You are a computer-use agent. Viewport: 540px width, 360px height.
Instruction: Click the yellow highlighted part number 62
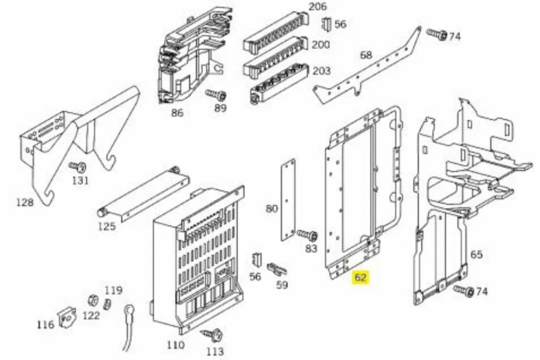coord(360,277)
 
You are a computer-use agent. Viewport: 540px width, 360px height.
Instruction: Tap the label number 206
coord(318,6)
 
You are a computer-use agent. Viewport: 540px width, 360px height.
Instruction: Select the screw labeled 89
coord(216,94)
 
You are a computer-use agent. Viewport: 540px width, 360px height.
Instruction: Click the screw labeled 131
coord(78,167)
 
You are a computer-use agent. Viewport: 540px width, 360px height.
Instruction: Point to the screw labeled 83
coord(308,235)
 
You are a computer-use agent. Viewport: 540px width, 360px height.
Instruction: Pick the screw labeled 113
coord(212,335)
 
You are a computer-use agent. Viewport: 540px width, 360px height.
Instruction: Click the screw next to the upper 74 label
coord(437,34)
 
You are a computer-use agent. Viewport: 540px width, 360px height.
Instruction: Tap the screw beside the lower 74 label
coord(464,291)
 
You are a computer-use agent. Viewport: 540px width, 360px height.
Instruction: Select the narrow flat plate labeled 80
coord(288,200)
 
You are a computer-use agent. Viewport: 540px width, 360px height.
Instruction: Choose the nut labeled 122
coord(92,301)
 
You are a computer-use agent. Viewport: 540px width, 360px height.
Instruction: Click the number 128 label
coord(25,202)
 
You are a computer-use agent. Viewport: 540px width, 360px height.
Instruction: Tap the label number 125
coord(107,227)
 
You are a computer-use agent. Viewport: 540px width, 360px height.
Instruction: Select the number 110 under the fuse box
coord(175,345)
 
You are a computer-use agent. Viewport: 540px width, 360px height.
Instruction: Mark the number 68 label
coord(366,55)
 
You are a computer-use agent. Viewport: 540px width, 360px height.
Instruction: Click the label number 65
coord(476,255)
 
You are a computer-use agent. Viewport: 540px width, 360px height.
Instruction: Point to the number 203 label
coord(322,71)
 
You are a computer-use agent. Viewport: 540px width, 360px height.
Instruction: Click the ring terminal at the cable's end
coord(129,310)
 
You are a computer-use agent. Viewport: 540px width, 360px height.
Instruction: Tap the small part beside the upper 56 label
coord(326,24)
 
